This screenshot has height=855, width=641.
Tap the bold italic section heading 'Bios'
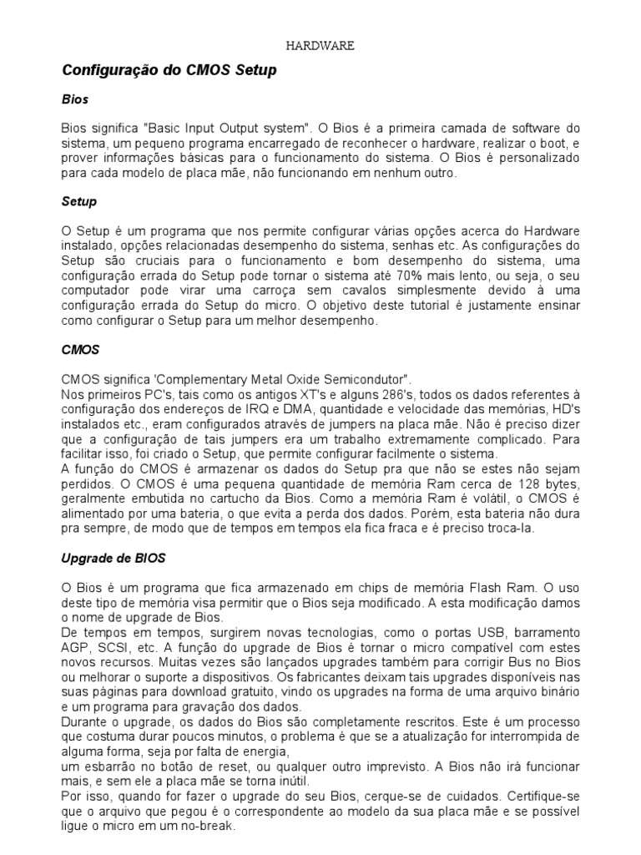(74, 99)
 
